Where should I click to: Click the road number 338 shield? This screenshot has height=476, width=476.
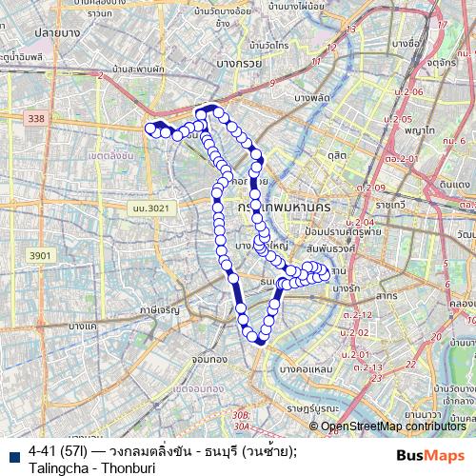click(x=36, y=118)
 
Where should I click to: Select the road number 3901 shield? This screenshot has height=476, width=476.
click(x=40, y=255)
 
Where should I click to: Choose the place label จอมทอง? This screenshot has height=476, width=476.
click(x=208, y=361)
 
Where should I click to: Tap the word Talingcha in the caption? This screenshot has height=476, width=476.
click(x=63, y=466)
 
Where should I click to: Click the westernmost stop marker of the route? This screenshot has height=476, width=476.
click(x=149, y=129)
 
